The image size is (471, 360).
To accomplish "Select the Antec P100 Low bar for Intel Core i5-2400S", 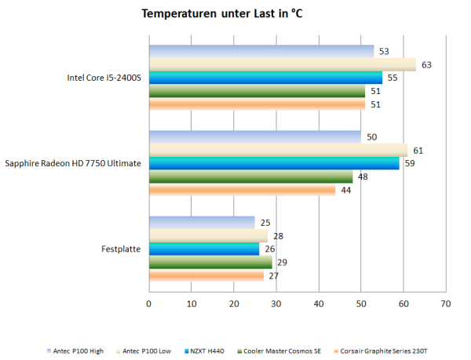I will tap(283, 64).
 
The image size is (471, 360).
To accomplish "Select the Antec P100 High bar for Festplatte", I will tap(202, 222).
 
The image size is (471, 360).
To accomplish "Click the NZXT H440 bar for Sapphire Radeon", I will tap(274, 163).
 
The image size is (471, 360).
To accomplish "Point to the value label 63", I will tap(427, 64).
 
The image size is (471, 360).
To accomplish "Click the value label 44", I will tap(346, 189).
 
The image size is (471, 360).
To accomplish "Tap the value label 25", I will tap(266, 222).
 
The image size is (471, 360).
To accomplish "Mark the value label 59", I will tap(410, 163).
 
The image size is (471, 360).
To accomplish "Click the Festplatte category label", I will tap(121, 249).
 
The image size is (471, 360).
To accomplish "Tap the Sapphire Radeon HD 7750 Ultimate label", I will tap(73, 163).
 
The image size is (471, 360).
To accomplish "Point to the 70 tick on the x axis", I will tap(445, 302).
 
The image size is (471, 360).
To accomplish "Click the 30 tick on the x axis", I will tap(276, 302).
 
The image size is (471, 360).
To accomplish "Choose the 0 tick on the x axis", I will tap(149, 302).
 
